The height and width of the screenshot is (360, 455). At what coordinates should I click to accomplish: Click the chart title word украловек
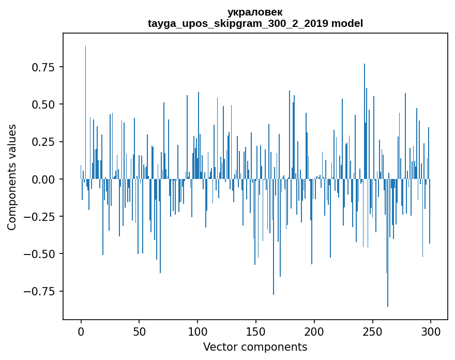255,12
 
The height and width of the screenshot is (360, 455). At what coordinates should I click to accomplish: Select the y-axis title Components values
12,177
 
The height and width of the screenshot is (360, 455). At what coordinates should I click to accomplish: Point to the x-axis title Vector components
255,347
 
